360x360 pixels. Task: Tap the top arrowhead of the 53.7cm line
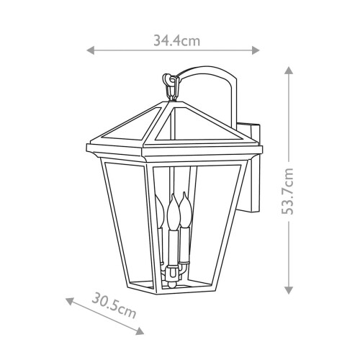click(x=289, y=70)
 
